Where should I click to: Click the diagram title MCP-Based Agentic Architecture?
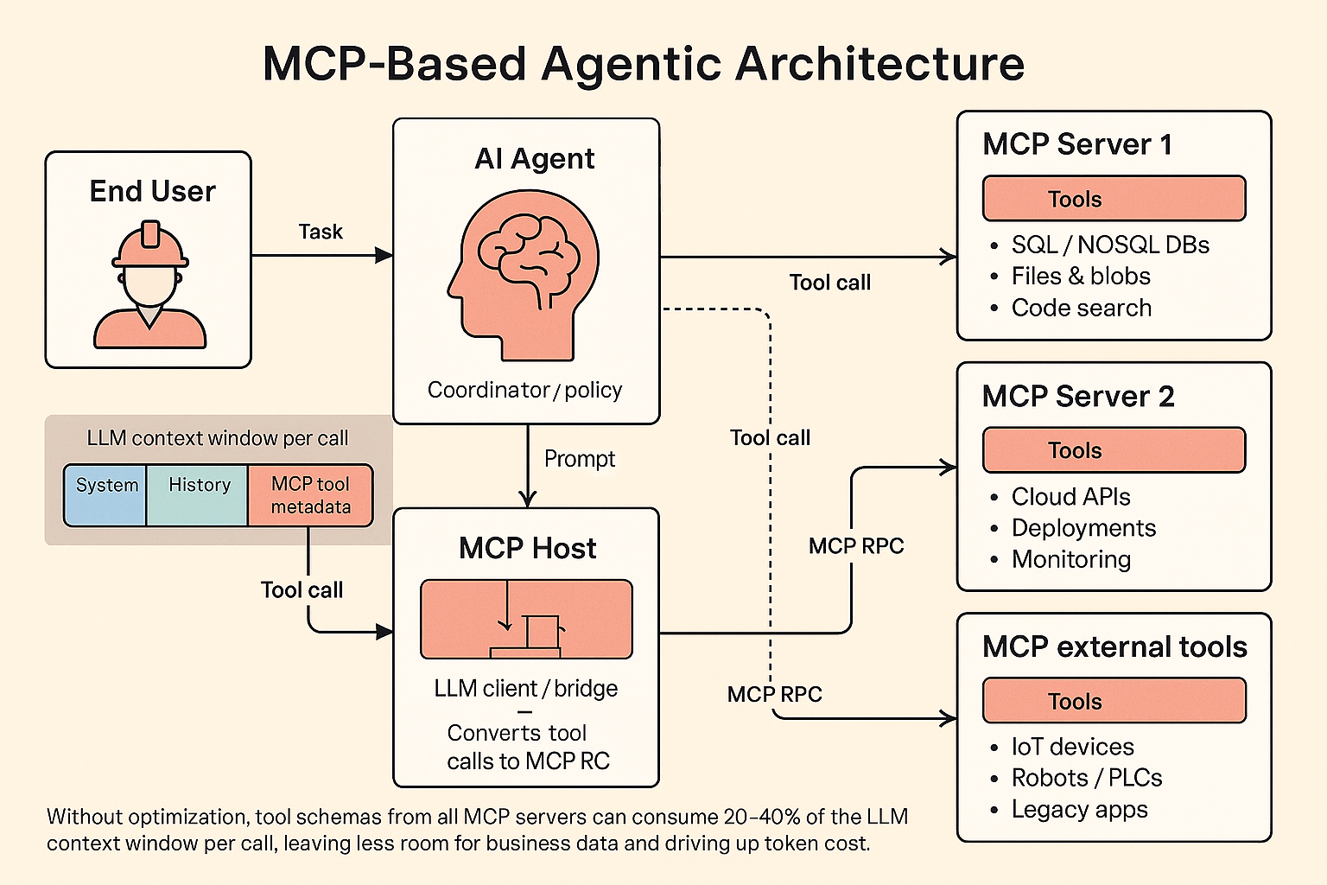(644, 65)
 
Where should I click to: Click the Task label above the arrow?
(321, 232)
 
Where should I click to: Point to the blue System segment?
(106, 495)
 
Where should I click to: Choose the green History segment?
(199, 495)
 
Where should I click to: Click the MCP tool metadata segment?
(310, 495)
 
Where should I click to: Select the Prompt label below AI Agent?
(580, 459)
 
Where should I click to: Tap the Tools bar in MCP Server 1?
(1114, 199)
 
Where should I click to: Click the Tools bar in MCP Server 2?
(1114, 450)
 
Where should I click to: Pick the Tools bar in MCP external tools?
(1114, 701)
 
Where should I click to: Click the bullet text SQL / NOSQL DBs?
(1110, 245)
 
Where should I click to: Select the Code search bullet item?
(1082, 309)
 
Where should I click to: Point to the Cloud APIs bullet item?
(1071, 497)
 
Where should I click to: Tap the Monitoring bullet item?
(1071, 560)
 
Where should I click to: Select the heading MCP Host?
(527, 549)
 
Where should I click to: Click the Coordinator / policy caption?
(525, 391)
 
